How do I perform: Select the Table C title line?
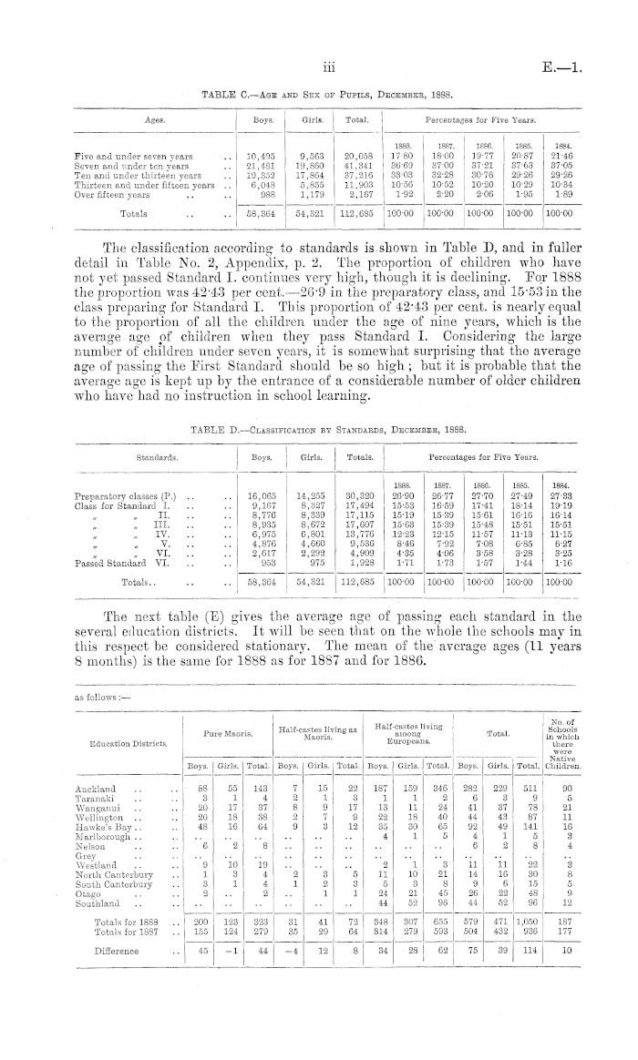pos(325,94)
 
